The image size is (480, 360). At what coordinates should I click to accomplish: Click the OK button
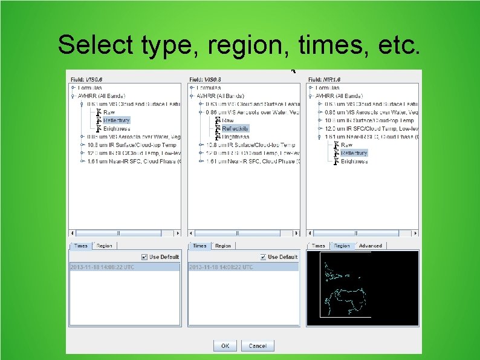[x=224, y=346]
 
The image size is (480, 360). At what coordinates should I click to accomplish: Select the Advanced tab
[x=370, y=246]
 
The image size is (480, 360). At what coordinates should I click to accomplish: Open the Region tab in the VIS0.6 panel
[x=104, y=246]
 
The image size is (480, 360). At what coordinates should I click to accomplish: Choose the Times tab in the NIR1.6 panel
[x=318, y=246]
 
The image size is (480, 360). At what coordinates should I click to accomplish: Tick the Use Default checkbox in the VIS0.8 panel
[x=263, y=257]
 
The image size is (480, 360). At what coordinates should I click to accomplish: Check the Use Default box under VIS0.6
[x=144, y=257]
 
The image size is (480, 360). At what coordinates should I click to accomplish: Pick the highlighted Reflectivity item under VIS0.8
[x=235, y=128]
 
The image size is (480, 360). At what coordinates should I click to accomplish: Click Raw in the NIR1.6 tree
[x=347, y=145]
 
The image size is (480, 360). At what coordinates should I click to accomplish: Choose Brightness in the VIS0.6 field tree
[x=116, y=128]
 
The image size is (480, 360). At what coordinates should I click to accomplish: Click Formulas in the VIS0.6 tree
[x=89, y=88]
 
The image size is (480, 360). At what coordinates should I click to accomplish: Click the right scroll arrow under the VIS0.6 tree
[x=178, y=233]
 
